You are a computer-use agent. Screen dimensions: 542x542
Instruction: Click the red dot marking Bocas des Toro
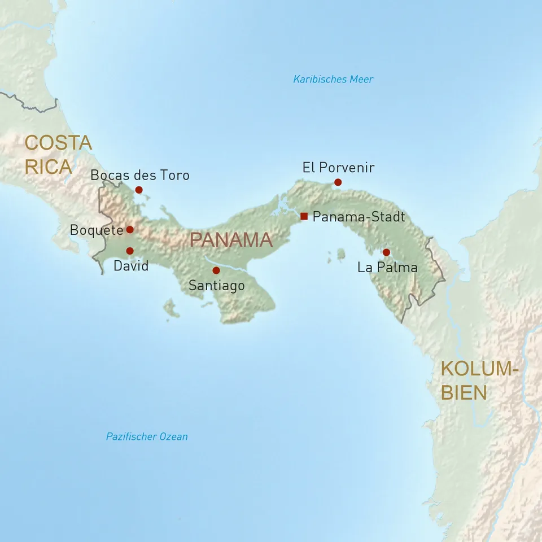point(139,190)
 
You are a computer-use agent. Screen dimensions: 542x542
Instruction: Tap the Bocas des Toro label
point(140,175)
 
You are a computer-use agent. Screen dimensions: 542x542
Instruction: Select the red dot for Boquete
point(130,229)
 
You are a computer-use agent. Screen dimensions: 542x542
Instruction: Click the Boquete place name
point(97,230)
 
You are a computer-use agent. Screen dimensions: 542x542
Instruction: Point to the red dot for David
point(130,251)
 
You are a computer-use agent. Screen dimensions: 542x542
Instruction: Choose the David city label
point(131,266)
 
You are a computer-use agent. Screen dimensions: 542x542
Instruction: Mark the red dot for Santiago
point(216,270)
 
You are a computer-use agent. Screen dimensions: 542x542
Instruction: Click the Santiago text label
point(217,286)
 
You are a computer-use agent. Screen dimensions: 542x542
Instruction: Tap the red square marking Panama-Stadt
point(304,216)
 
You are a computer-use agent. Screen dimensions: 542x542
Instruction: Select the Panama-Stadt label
point(359,216)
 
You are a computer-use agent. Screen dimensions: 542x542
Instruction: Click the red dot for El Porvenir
point(338,182)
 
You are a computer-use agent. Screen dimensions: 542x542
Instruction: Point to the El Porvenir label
point(338,168)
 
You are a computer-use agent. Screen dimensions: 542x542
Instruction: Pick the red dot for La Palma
point(386,252)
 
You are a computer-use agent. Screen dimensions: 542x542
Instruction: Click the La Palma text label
point(387,268)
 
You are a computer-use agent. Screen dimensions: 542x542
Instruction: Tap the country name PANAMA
point(231,240)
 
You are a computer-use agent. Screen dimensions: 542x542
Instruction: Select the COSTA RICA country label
point(58,155)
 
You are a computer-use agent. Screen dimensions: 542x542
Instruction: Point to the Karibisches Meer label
point(333,79)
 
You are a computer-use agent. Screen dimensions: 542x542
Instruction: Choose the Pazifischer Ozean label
point(147,436)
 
